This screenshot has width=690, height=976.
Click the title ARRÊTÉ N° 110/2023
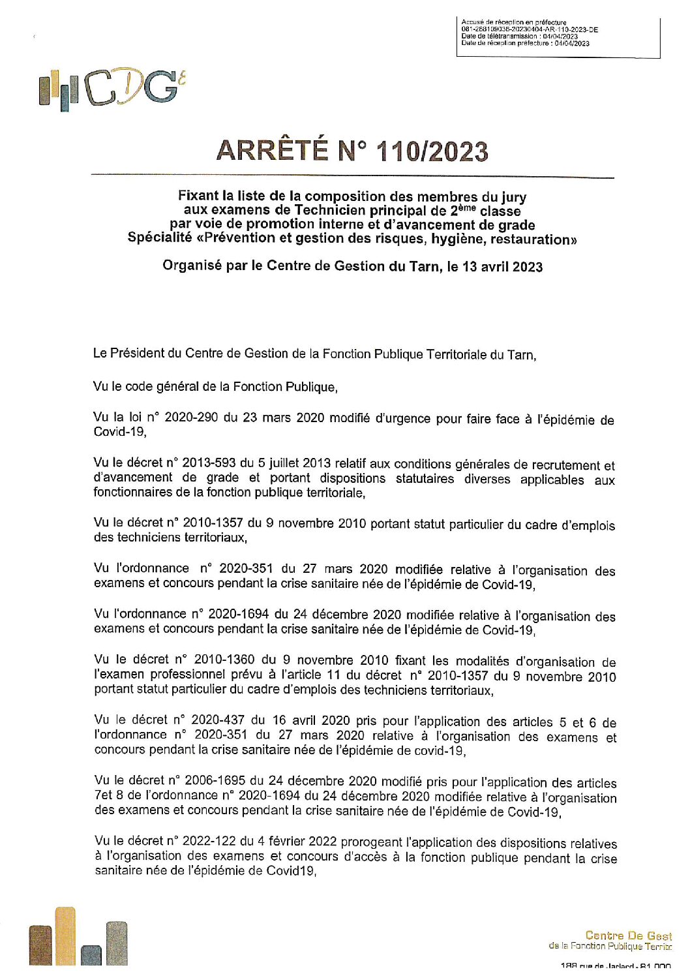point(352,151)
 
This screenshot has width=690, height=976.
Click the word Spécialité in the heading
point(160,237)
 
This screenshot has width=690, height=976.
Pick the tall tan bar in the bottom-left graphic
point(65,936)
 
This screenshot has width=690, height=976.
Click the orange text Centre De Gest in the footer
point(628,936)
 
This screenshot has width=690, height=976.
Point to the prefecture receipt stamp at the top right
point(558,37)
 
